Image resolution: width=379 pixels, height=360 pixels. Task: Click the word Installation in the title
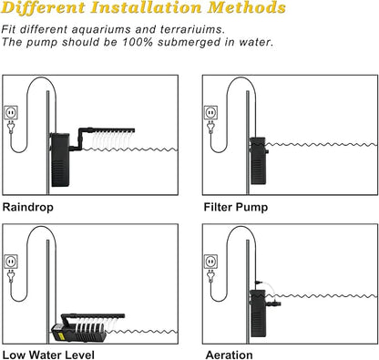(x=146, y=7)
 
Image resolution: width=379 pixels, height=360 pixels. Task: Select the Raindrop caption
(x=28, y=207)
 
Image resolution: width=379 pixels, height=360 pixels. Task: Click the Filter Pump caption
(x=236, y=207)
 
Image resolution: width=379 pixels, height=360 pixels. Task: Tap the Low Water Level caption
(x=48, y=355)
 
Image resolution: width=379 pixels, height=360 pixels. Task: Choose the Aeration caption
(x=229, y=355)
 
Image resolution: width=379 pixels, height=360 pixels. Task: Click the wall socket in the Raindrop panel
(x=11, y=112)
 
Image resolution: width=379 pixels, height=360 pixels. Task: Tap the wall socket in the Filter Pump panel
(x=210, y=112)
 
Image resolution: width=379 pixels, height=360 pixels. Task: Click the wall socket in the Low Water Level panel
(x=11, y=262)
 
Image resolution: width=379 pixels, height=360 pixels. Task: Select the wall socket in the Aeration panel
(x=210, y=262)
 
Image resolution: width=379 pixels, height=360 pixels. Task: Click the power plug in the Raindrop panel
(x=11, y=127)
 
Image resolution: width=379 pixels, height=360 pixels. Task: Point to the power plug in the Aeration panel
(x=210, y=276)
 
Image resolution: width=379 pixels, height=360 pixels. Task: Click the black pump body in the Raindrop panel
(x=60, y=159)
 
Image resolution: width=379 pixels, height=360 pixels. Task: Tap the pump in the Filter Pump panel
(x=258, y=160)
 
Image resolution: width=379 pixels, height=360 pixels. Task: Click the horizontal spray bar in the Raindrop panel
(x=111, y=130)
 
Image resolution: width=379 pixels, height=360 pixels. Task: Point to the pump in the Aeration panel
(x=258, y=313)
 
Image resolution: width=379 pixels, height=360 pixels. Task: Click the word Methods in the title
(x=247, y=7)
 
